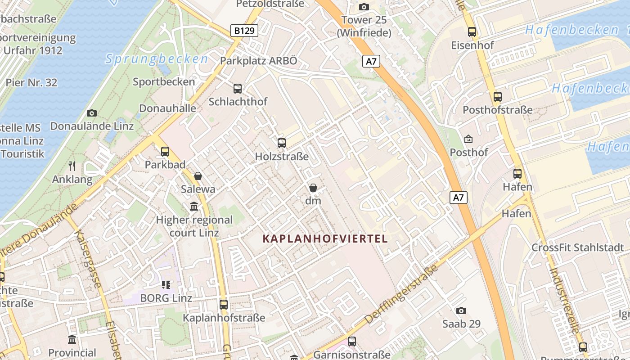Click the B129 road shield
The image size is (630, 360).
245,31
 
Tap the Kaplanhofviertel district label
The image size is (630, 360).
325,238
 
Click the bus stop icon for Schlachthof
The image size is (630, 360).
238,89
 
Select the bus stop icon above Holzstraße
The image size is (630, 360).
282,143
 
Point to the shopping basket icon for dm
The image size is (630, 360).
313,188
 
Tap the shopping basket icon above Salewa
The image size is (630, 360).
198,176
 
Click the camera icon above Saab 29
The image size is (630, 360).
461,310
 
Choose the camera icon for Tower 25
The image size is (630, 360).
364,7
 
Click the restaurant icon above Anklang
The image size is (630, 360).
72,166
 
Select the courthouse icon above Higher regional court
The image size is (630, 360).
194,207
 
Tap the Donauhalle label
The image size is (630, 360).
167,108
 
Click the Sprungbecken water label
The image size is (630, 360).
157,59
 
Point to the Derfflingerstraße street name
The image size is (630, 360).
401,294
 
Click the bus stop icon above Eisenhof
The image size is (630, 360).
472,32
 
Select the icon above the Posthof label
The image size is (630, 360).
468,139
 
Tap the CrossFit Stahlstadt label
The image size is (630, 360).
578,247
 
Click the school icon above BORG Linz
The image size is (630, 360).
166,285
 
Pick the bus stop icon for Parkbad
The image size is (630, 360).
165,152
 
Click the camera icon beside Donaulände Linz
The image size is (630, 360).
92,113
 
